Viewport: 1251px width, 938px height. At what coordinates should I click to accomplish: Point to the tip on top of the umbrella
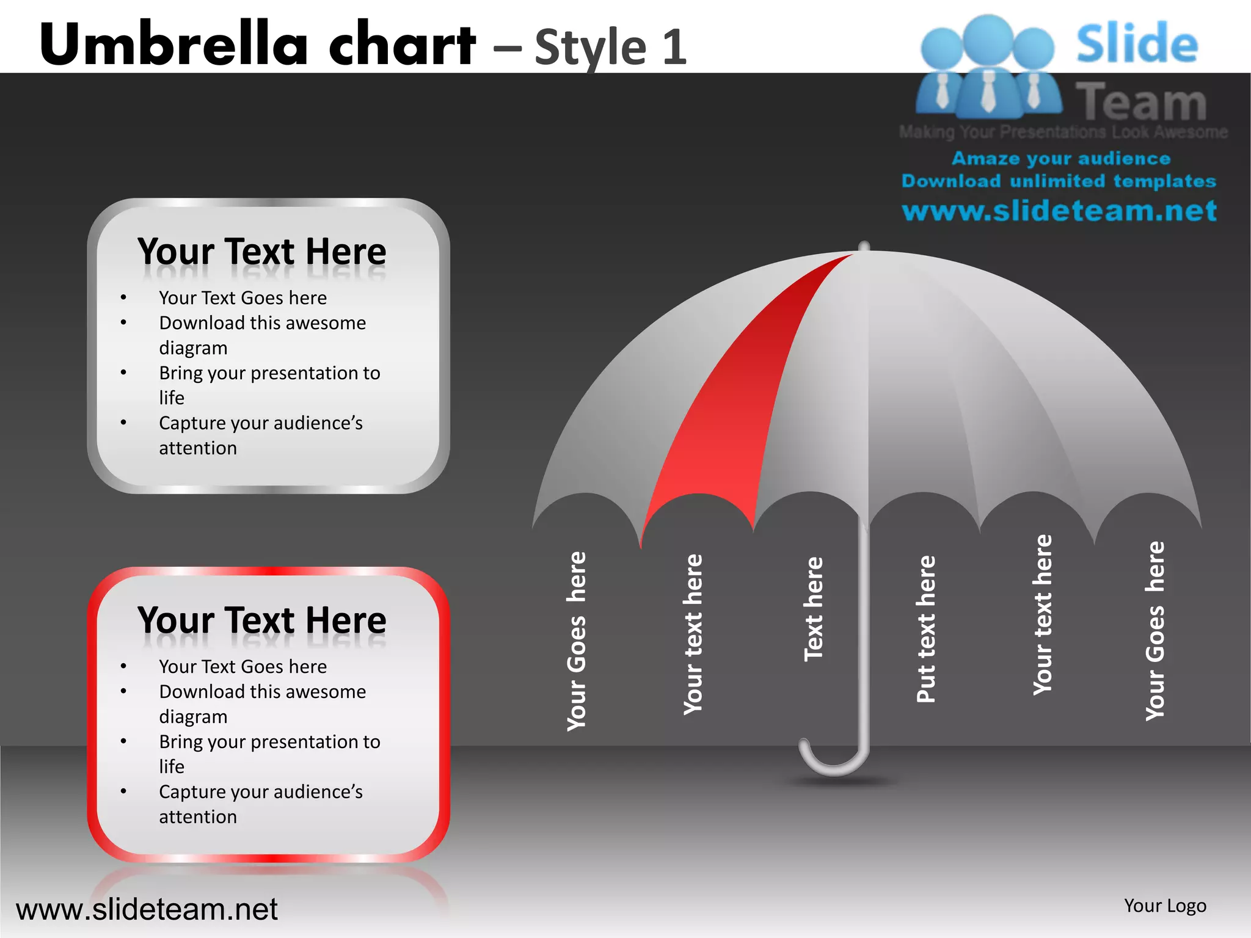click(x=864, y=246)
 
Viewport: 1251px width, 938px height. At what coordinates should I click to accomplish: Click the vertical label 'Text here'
click(x=814, y=609)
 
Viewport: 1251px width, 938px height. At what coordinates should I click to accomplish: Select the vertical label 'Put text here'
click(x=927, y=629)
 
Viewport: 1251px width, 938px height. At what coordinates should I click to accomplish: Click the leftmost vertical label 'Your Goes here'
click(x=577, y=641)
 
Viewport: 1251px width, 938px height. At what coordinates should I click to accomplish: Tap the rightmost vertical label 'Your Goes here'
click(x=1155, y=631)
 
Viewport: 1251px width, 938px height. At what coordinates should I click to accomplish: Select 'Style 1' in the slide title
click(x=611, y=47)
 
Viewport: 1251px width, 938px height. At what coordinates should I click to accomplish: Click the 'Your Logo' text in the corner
click(x=1165, y=906)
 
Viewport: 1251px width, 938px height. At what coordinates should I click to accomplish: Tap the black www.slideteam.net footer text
click(x=147, y=909)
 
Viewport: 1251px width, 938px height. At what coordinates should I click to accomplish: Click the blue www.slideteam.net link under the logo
click(x=1059, y=211)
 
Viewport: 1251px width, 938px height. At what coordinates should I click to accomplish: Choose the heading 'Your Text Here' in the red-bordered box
click(x=262, y=620)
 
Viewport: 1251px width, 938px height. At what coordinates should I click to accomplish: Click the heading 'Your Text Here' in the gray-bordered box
click(x=262, y=252)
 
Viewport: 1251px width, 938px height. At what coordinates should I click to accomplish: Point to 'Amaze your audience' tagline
click(x=1061, y=158)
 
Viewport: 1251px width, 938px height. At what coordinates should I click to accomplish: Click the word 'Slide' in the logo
click(x=1137, y=44)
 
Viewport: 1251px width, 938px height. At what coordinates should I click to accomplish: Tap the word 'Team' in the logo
click(x=1141, y=102)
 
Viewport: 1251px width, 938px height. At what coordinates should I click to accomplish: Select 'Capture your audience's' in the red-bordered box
click(x=261, y=792)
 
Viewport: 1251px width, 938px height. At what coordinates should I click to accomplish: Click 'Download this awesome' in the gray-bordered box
click(x=263, y=323)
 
